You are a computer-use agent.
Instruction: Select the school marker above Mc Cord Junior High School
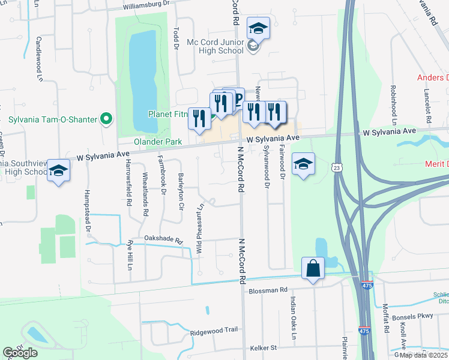[258, 29]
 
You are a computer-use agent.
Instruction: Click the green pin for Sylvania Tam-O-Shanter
[107, 119]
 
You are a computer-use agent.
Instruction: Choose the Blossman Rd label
[268, 290]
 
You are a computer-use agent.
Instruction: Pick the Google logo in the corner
[20, 353]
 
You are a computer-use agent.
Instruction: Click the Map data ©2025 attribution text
[424, 355]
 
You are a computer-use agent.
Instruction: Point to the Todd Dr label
[176, 37]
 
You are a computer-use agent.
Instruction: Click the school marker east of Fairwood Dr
[303, 164]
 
